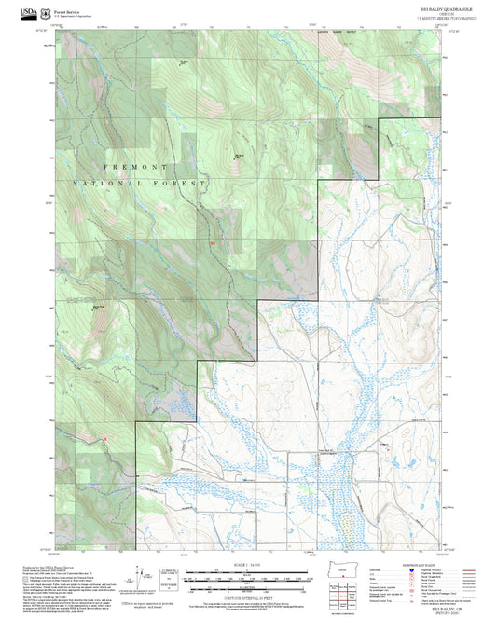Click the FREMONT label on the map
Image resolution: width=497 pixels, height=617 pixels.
(130, 167)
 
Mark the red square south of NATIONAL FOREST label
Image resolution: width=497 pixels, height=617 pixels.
(212, 243)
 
